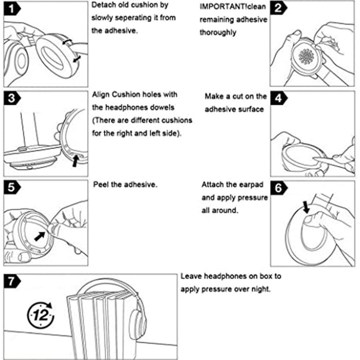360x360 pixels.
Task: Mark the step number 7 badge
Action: (13, 282)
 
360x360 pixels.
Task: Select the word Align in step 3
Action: (102, 95)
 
